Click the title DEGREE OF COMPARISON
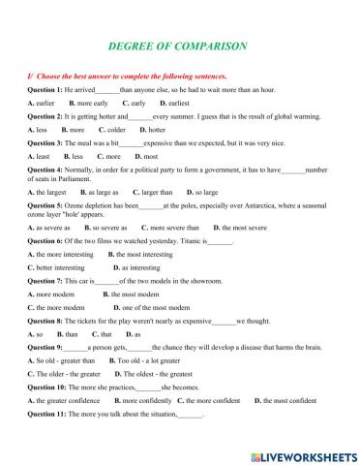click(180, 46)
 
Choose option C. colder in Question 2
click(138, 129)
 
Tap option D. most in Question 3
click(146, 156)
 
